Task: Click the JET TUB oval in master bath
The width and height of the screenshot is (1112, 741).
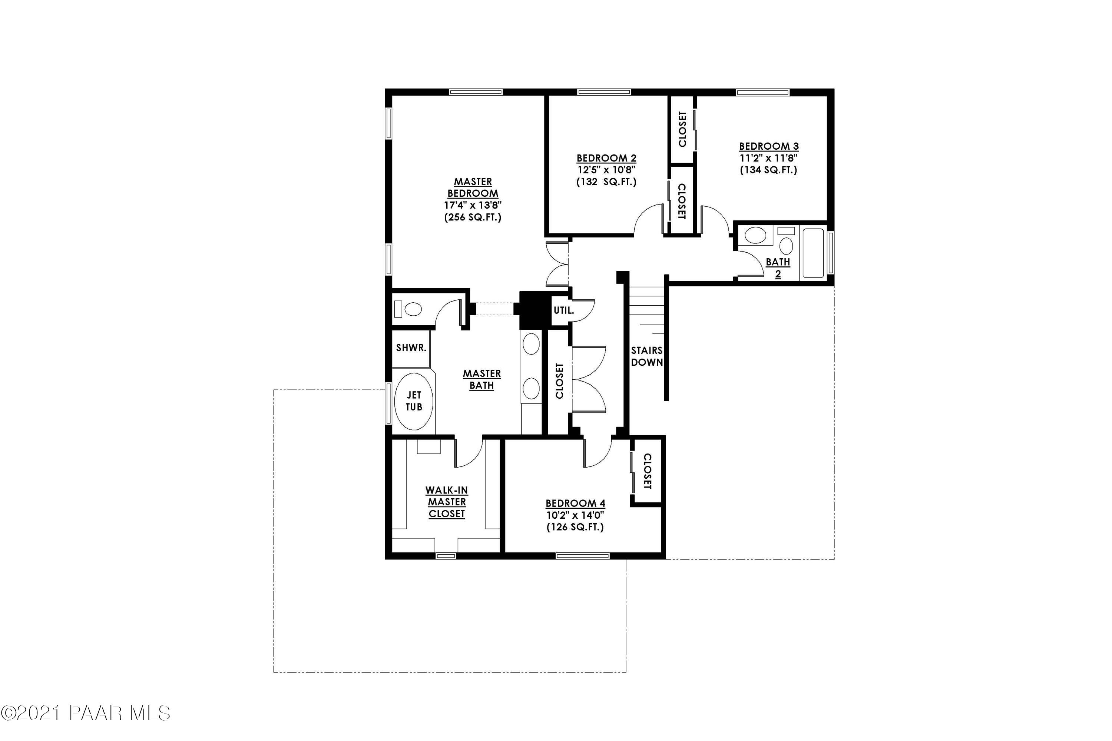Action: pyautogui.click(x=413, y=401)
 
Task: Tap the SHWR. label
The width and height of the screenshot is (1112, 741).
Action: pyautogui.click(x=411, y=348)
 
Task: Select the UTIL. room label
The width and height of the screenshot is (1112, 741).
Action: pyautogui.click(x=563, y=311)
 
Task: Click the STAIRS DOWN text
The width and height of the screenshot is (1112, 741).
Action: pyautogui.click(x=647, y=356)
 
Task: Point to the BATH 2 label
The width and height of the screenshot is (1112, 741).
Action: pyautogui.click(x=778, y=268)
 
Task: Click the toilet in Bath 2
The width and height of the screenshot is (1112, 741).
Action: pyautogui.click(x=786, y=245)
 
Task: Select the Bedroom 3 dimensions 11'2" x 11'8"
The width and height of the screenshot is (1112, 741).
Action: pyautogui.click(x=769, y=158)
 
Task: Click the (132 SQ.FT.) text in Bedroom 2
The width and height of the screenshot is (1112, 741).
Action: pyautogui.click(x=606, y=182)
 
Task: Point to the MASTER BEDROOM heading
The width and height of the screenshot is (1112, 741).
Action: pyautogui.click(x=473, y=187)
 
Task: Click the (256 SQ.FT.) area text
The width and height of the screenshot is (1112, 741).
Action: pyautogui.click(x=473, y=217)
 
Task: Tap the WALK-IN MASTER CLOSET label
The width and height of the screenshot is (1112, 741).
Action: pyautogui.click(x=447, y=502)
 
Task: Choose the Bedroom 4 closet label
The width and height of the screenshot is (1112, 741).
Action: pyautogui.click(x=647, y=471)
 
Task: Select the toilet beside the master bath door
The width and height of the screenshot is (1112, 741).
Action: pyautogui.click(x=413, y=309)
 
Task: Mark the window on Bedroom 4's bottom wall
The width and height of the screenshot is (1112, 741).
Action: pyautogui.click(x=582, y=556)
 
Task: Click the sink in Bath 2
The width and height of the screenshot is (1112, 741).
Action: pyautogui.click(x=755, y=235)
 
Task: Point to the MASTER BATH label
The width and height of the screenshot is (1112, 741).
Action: pyautogui.click(x=482, y=379)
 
